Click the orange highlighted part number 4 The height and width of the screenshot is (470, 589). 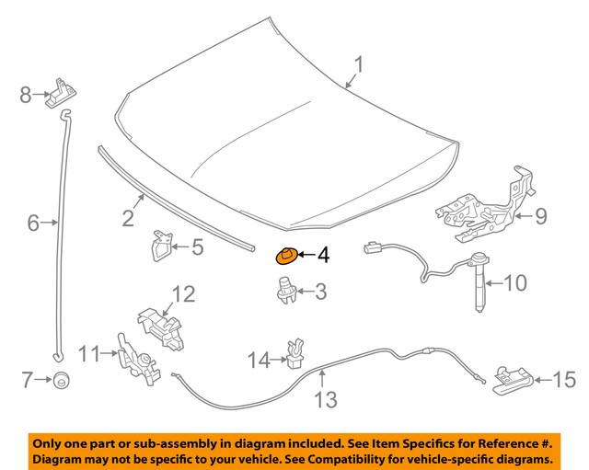[287, 255]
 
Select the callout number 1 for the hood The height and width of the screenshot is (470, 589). [360, 65]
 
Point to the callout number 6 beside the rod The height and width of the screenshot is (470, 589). [34, 222]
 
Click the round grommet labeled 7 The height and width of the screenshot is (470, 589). [62, 378]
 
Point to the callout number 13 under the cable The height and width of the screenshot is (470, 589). [325, 400]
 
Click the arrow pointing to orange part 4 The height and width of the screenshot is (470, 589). [305, 254]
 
